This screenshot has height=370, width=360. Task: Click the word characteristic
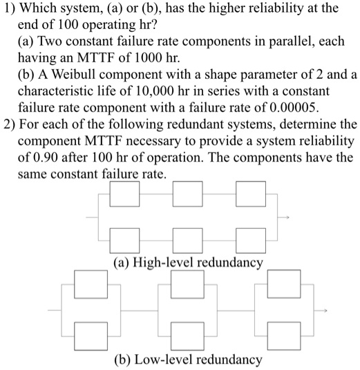(59, 93)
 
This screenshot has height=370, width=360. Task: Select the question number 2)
(10, 125)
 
